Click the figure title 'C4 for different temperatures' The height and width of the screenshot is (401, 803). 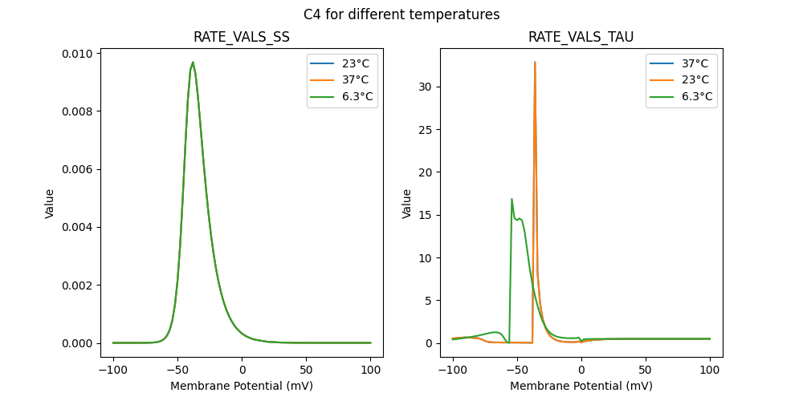(401, 14)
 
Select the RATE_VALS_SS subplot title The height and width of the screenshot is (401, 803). (242, 37)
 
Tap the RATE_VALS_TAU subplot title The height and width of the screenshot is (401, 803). (581, 37)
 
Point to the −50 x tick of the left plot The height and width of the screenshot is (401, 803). (177, 371)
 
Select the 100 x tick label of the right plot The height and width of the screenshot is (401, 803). (710, 371)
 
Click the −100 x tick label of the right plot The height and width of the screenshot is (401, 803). (452, 371)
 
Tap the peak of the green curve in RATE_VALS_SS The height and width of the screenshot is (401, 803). (193, 62)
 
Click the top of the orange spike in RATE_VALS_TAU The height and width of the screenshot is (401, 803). (535, 62)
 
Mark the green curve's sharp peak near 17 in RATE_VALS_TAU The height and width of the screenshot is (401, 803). (512, 199)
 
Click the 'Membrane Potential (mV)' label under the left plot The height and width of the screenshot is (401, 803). (242, 386)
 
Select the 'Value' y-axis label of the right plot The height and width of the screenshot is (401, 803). (406, 203)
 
